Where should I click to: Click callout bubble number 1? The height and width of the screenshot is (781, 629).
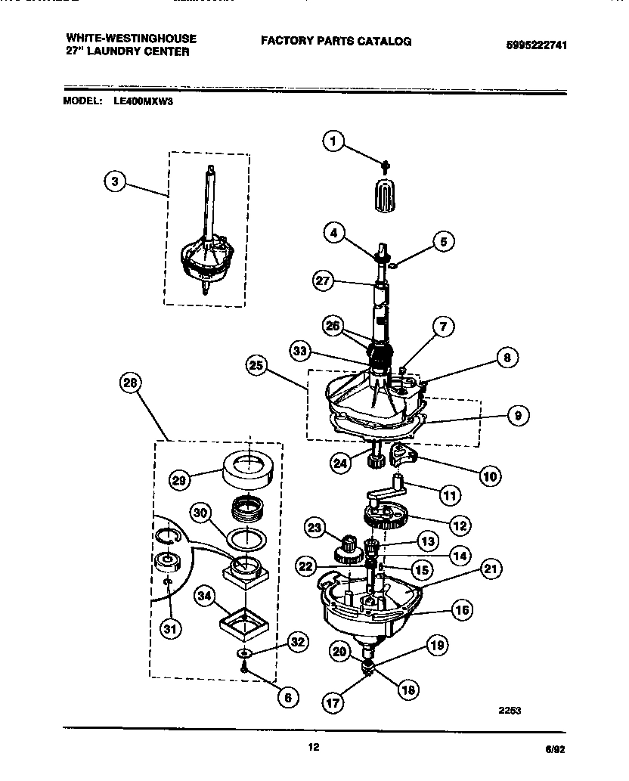pyautogui.click(x=333, y=140)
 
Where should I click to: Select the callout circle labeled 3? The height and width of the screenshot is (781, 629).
pyautogui.click(x=114, y=181)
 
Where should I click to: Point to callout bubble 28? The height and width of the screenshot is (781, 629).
pyautogui.click(x=131, y=383)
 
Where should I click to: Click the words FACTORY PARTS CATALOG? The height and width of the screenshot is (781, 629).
pyautogui.click(x=336, y=42)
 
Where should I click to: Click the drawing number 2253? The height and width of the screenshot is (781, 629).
pyautogui.click(x=510, y=710)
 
